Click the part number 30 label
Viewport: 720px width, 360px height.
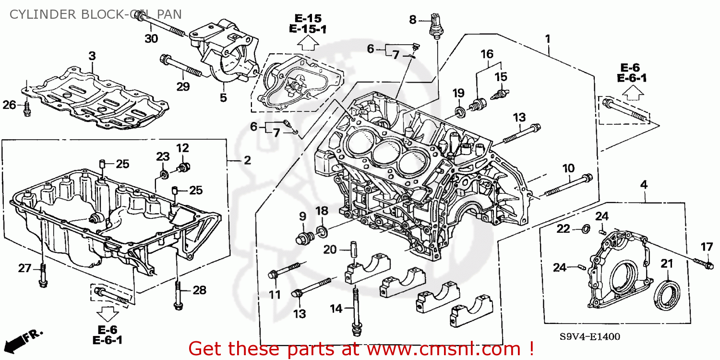[151, 39]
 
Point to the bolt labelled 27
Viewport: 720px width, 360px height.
[42, 276]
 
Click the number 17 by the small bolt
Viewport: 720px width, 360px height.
[707, 247]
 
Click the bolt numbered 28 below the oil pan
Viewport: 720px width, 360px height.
[178, 295]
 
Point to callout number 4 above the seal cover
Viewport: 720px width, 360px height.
[644, 184]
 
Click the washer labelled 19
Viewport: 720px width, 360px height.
[460, 112]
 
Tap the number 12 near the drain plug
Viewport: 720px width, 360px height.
[182, 148]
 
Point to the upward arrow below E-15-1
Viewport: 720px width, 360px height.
[309, 45]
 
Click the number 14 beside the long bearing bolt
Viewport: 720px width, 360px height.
[336, 309]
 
